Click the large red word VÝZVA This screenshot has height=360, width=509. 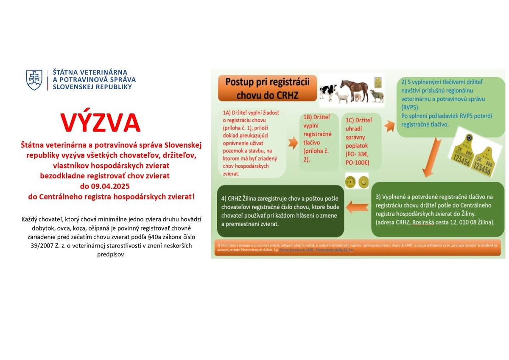[100, 123]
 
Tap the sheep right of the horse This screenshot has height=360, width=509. [376, 96]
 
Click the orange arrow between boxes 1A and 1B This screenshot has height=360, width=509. [293, 143]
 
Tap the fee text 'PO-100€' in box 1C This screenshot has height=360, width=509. [357, 163]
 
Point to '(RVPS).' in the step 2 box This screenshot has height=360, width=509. [412, 108]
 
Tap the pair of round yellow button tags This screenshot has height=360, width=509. [357, 182]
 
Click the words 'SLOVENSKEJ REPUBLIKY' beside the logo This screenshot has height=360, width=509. [92, 87]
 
